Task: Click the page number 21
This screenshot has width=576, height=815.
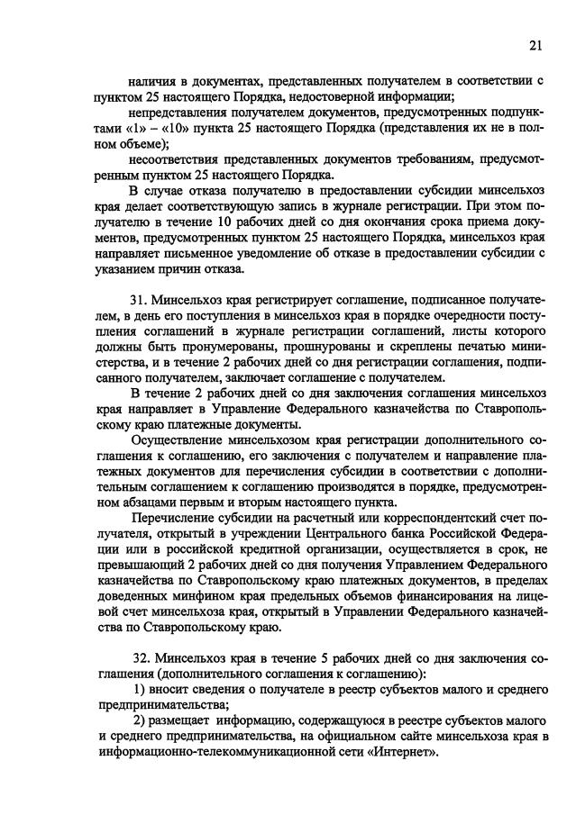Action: tap(535, 47)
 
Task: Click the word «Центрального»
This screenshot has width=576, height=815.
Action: tap(311, 536)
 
